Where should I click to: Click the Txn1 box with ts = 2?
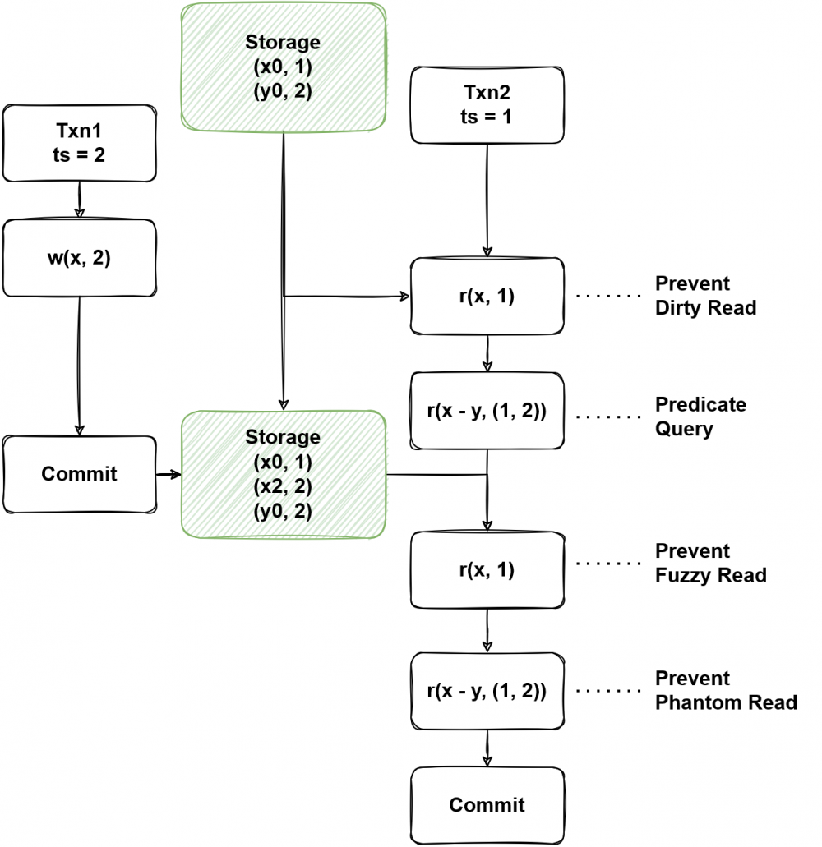(x=78, y=143)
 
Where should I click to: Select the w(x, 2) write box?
(x=78, y=259)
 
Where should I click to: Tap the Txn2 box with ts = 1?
(x=487, y=104)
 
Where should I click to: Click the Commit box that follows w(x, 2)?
(x=79, y=474)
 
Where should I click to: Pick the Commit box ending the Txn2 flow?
(x=487, y=804)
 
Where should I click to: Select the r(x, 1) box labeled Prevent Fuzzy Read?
(x=487, y=570)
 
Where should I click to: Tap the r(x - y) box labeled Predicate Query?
(x=487, y=411)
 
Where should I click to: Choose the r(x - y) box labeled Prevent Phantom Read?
(x=487, y=691)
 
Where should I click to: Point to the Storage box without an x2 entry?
(x=283, y=66)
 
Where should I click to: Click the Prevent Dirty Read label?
(x=705, y=296)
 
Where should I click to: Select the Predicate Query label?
(x=700, y=417)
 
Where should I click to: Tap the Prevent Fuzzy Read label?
(x=710, y=563)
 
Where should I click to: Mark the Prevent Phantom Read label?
(x=725, y=690)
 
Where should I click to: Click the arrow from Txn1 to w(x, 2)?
(x=79, y=200)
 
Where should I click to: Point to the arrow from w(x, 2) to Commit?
(x=79, y=366)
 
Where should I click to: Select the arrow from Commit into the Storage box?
(x=169, y=475)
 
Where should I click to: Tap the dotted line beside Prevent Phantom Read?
(x=608, y=691)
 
